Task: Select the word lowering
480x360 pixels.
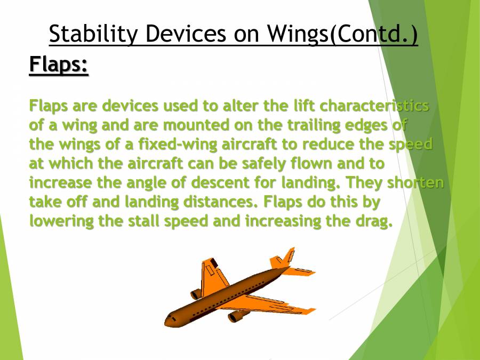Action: [x=62, y=221]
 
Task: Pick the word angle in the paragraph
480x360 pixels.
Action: [x=140, y=182]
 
